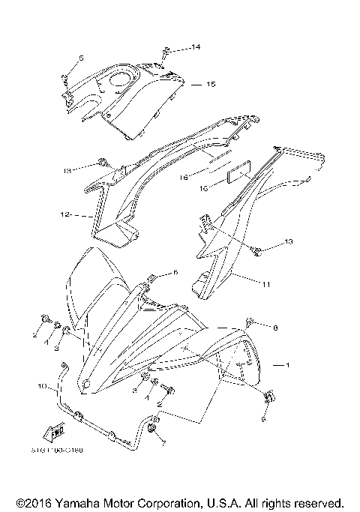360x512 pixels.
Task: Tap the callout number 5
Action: [x=81, y=58]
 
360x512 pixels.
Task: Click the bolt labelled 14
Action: [x=163, y=54]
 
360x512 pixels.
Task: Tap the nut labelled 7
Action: [x=153, y=429]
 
